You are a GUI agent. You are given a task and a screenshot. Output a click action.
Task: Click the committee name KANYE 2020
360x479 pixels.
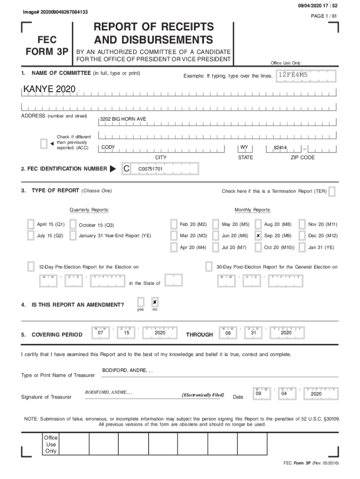click(x=45, y=89)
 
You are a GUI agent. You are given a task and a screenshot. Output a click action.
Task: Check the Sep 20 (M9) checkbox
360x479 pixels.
click(x=258, y=236)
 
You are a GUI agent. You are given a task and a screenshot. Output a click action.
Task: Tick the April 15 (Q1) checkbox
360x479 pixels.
click(x=31, y=225)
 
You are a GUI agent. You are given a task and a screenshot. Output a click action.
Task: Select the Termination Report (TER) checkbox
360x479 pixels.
click(x=331, y=191)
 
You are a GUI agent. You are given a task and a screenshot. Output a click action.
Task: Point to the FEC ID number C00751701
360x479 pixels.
click(x=150, y=168)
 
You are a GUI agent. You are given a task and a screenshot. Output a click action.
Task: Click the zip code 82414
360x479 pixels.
click(x=280, y=147)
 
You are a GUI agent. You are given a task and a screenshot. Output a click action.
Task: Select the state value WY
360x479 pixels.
click(x=244, y=147)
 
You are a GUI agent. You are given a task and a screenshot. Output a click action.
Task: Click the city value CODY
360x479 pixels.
click(x=108, y=147)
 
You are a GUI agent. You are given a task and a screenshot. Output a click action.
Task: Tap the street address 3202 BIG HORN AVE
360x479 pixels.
click(x=123, y=119)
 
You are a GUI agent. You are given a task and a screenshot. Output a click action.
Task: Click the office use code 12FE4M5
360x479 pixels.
click(x=293, y=75)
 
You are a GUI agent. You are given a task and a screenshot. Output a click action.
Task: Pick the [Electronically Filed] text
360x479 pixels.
click(x=203, y=395)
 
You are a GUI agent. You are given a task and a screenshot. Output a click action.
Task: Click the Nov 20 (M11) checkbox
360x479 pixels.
click(x=302, y=225)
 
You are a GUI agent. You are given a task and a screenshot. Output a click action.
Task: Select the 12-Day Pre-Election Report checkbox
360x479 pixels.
click(x=31, y=267)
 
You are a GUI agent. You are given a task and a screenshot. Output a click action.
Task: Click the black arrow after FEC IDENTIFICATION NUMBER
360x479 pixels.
click(x=113, y=168)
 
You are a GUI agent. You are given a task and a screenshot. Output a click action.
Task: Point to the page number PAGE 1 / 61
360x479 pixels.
click(x=324, y=16)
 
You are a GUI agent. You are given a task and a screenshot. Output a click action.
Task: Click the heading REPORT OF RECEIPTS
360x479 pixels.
click(x=153, y=27)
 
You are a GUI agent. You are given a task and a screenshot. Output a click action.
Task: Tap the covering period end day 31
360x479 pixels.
click(x=253, y=333)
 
